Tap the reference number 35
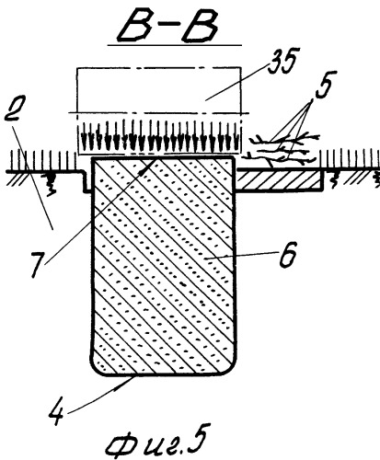(x=282, y=61)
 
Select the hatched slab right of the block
(x=279, y=179)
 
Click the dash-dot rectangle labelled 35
(x=158, y=68)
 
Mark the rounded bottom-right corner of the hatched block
(x=231, y=367)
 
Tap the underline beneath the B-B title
(x=174, y=46)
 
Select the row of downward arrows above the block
(x=159, y=135)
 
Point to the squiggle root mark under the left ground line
(x=51, y=183)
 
